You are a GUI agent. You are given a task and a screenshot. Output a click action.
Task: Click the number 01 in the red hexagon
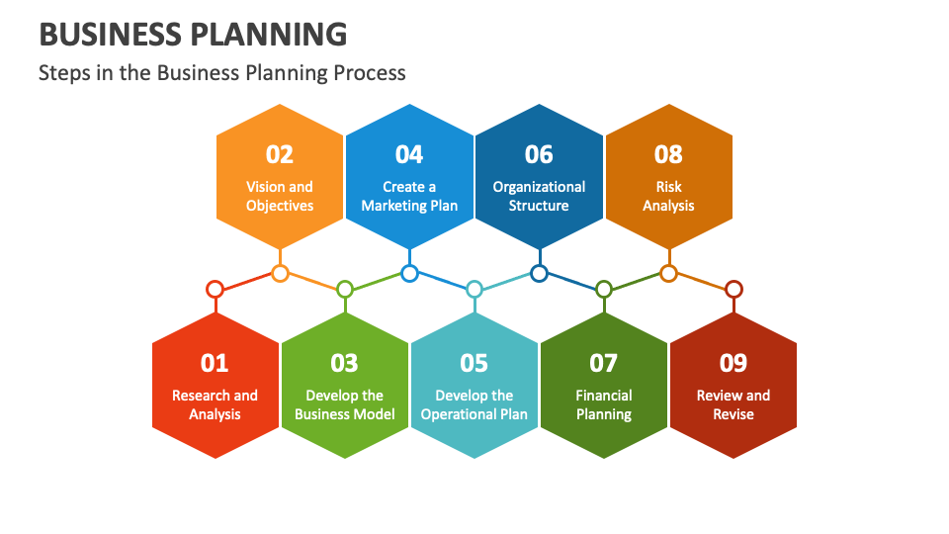[215, 363]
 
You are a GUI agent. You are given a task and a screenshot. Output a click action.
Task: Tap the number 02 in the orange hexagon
[280, 154]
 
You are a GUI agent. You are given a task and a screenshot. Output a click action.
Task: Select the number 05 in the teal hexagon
[474, 363]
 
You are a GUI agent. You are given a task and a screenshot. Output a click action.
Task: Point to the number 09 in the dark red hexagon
[733, 363]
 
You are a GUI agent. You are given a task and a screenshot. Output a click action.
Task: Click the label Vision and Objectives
[280, 196]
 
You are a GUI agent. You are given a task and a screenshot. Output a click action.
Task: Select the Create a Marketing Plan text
[409, 196]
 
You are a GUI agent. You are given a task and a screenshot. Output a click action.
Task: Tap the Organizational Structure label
[539, 196]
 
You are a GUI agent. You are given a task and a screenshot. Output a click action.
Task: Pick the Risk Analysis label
[668, 196]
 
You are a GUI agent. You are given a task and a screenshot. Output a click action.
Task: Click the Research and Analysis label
[215, 404]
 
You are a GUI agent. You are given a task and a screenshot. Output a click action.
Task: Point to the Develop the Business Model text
[344, 404]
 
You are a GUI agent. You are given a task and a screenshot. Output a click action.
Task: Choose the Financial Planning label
[604, 404]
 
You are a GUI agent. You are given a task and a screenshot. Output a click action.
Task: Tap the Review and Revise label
[733, 404]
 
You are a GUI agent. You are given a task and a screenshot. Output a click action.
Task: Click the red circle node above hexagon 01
[215, 289]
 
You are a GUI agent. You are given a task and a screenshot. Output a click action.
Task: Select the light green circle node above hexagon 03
[344, 289]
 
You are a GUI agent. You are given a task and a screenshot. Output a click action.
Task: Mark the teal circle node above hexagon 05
[474, 289]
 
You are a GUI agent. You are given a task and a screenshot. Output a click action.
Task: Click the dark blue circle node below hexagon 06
[539, 273]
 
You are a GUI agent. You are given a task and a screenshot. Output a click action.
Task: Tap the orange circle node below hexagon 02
[280, 273]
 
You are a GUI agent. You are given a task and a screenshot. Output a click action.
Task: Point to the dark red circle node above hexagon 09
[733, 289]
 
